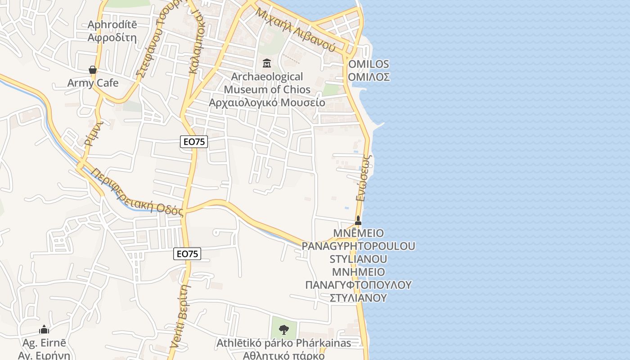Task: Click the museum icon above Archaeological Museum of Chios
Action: (267, 63)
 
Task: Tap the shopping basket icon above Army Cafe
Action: (93, 70)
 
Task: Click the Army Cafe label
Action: (93, 83)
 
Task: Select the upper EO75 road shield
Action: (194, 142)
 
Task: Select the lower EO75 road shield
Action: (187, 254)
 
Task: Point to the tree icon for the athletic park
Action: (283, 330)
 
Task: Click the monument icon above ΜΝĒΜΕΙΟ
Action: (358, 220)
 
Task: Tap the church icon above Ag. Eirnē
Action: (44, 330)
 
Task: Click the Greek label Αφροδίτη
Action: (112, 37)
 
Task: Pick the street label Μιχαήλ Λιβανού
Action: (295, 29)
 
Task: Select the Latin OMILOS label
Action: (369, 64)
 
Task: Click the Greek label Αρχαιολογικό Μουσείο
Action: (267, 102)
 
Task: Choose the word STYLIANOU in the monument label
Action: (359, 259)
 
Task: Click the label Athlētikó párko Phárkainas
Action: (283, 343)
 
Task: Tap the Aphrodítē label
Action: (112, 24)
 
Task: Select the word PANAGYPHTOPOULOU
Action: (358, 246)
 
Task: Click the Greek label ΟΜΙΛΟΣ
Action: (369, 77)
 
